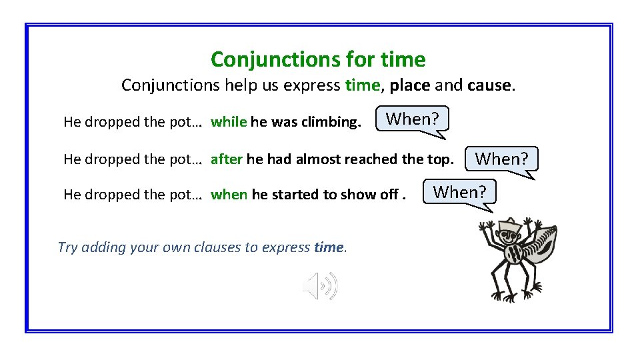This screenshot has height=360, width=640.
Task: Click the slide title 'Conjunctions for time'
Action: (318, 60)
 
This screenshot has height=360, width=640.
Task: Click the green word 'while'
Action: (229, 122)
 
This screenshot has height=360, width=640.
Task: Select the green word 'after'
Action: (227, 159)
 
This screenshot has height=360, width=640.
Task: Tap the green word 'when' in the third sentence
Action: (229, 195)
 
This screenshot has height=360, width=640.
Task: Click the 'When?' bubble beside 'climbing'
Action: (413, 119)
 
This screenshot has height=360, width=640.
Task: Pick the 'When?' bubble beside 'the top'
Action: (501, 159)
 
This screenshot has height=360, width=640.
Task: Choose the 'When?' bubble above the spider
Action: (460, 192)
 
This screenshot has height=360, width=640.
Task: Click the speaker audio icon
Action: (321, 286)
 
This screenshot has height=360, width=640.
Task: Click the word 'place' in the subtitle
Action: (410, 85)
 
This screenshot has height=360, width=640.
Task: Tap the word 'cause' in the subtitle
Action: (489, 85)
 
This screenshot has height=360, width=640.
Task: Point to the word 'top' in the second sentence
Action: (440, 159)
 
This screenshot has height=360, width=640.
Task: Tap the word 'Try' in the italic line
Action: (68, 247)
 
